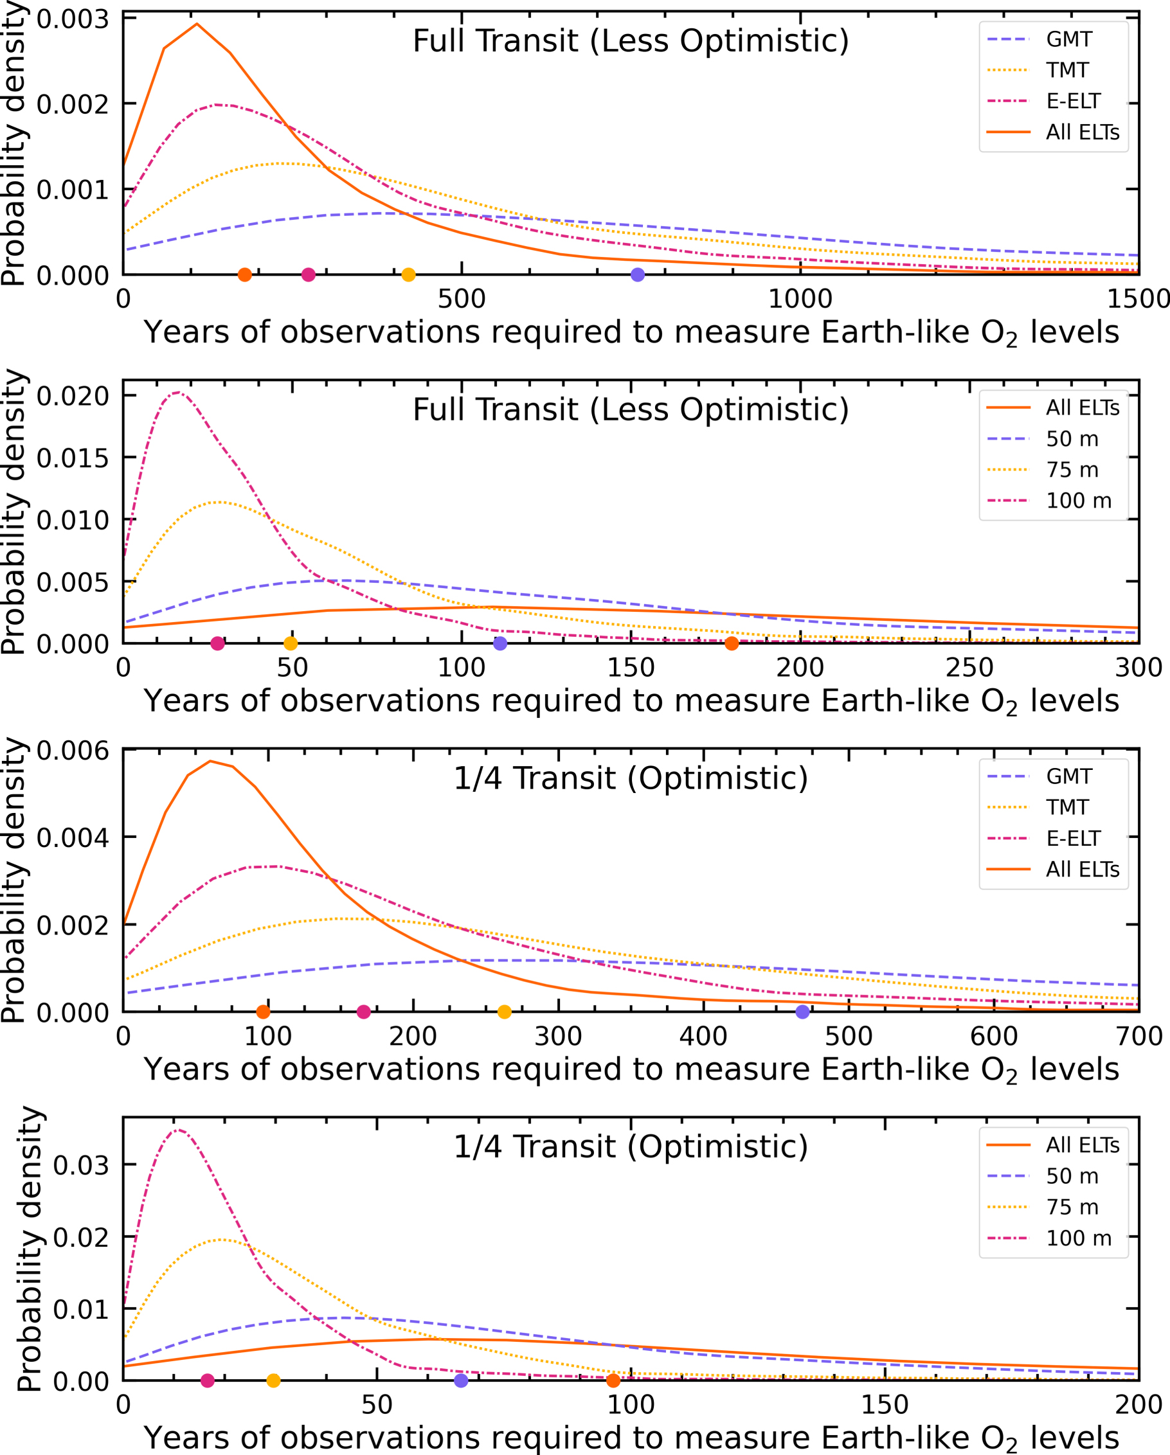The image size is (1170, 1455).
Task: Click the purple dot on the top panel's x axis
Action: coord(637,274)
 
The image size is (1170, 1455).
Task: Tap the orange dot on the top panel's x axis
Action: coord(245,274)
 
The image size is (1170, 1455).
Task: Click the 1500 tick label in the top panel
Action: coord(1138,299)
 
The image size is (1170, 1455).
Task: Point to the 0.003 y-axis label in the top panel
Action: coord(73,19)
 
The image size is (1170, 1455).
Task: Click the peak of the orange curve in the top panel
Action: coord(197,24)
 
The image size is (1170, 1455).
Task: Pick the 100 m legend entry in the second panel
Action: coord(1078,501)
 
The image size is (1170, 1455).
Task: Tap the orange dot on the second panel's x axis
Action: coord(731,644)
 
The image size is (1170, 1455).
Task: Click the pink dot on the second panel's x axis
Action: coord(217,644)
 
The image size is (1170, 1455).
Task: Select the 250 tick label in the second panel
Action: coord(969,668)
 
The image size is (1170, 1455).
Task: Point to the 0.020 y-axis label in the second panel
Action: coord(73,396)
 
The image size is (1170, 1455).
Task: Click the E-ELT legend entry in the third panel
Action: coord(1073,838)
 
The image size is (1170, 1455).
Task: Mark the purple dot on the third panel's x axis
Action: coord(802,1012)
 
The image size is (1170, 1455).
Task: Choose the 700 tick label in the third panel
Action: coord(1139,1037)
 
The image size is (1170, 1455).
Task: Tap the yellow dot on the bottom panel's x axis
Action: coord(273,1380)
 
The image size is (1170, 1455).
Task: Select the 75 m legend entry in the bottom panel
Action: coord(1072,1208)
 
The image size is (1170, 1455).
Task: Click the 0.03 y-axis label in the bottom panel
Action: coord(81,1166)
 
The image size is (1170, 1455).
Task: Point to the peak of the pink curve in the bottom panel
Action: coord(177,1130)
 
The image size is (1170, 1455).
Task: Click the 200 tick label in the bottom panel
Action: coord(1138,1405)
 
